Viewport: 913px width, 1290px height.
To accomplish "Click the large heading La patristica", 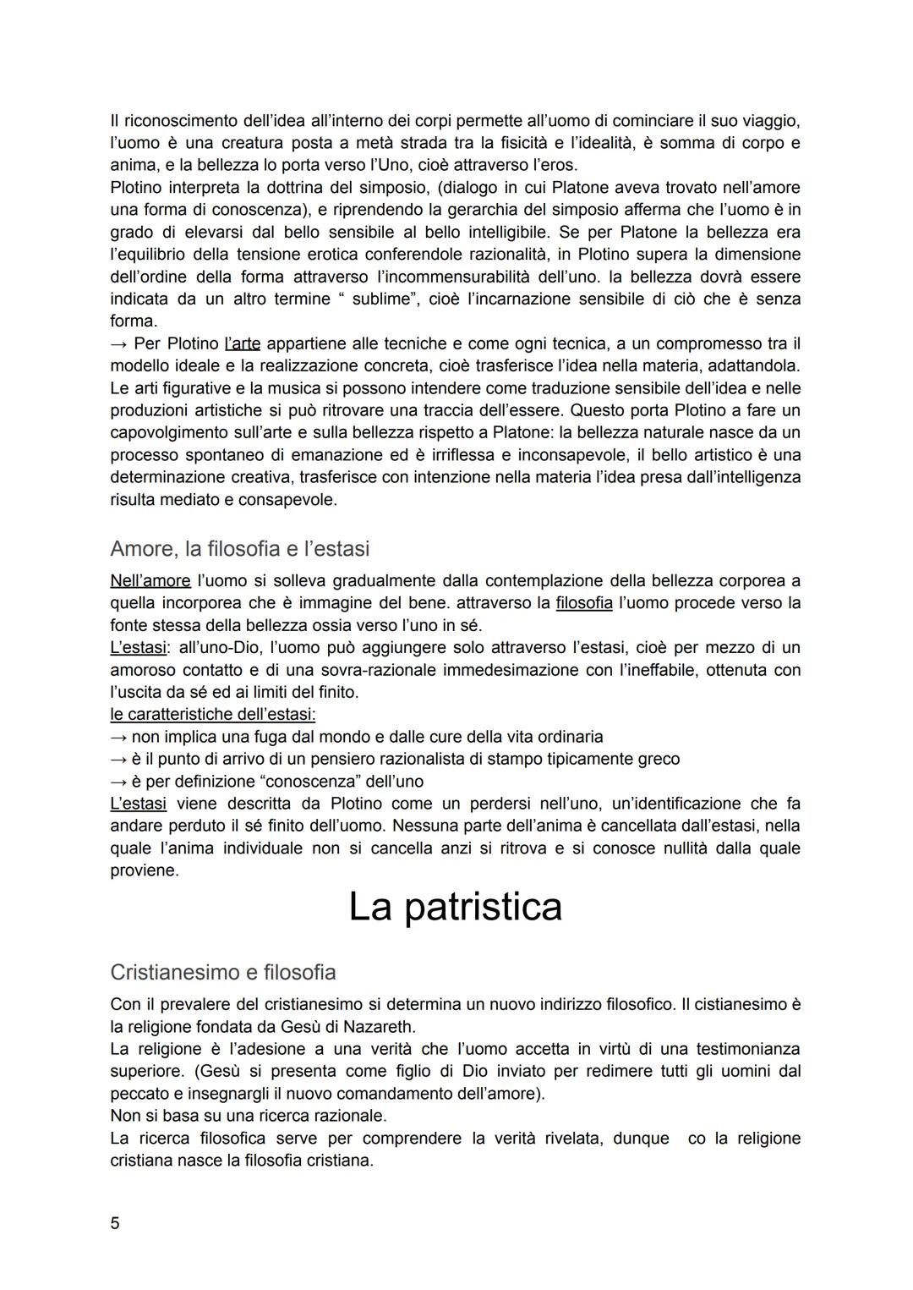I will [455, 907].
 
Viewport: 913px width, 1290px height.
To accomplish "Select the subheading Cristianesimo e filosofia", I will [223, 972].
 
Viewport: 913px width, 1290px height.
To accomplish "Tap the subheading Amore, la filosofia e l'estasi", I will [240, 549].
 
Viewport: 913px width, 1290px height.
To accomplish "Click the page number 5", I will [115, 1223].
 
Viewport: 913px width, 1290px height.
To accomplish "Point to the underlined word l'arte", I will [243, 343].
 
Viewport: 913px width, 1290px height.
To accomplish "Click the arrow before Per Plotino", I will [118, 343].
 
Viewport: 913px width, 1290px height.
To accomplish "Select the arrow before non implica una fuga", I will [118, 737].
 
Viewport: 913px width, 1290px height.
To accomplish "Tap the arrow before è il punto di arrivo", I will [118, 759].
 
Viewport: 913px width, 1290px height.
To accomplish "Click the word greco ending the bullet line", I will [658, 759].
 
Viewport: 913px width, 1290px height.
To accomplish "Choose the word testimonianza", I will [747, 1049].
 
